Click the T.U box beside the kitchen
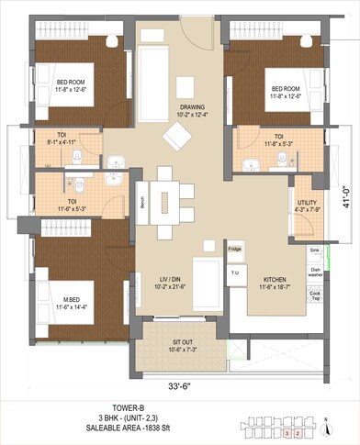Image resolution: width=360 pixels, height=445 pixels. (x=234, y=272)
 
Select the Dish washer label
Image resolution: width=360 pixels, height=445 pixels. (x=314, y=271)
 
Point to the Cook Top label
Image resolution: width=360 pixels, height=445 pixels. (x=314, y=295)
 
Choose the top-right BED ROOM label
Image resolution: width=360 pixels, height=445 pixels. (x=287, y=89)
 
